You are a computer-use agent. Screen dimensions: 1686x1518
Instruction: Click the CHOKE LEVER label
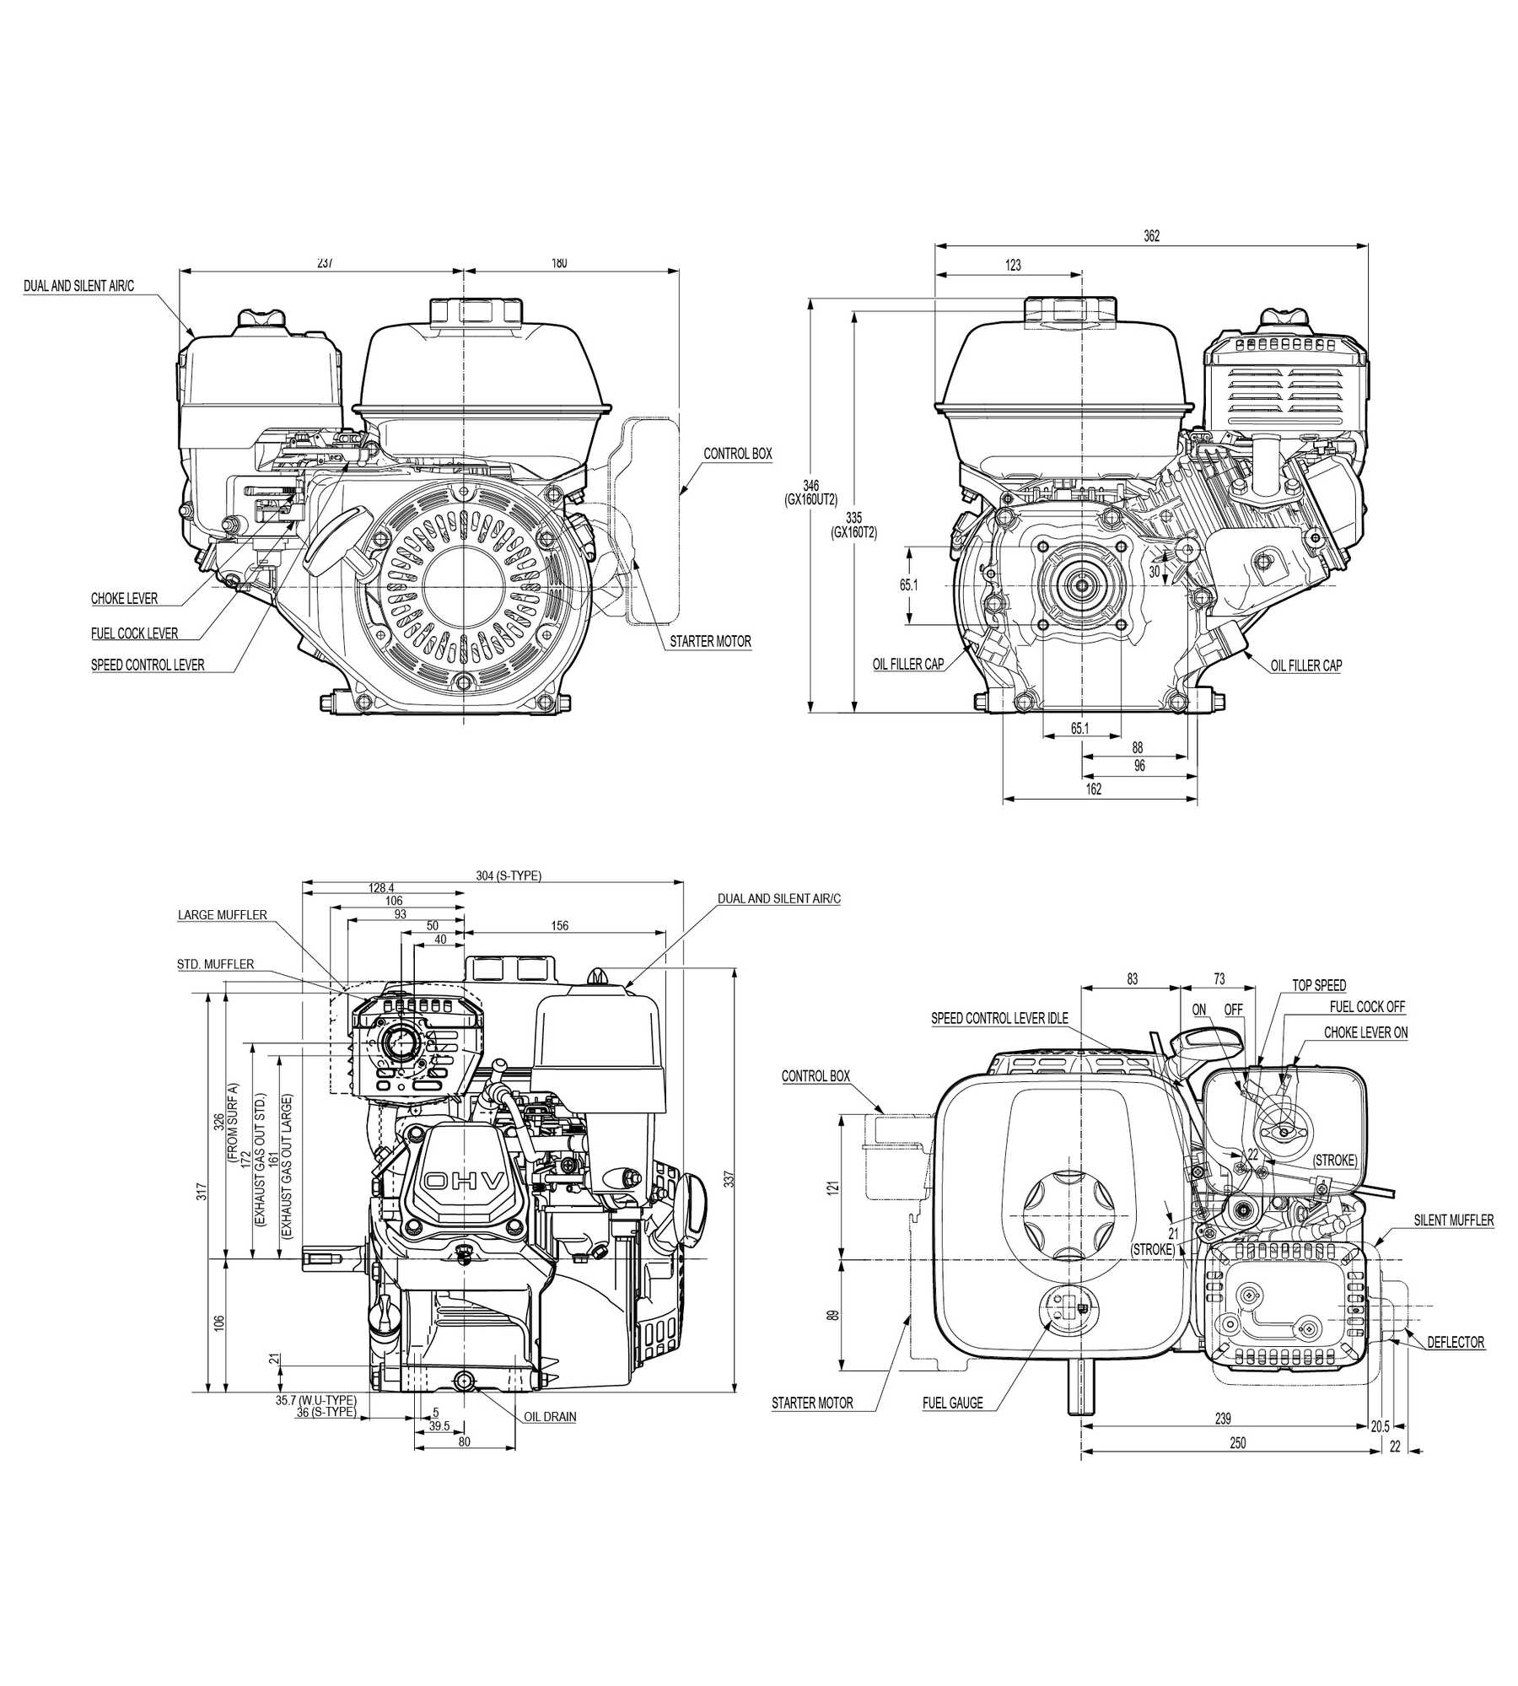(124, 599)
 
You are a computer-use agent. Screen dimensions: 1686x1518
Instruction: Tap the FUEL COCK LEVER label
(134, 633)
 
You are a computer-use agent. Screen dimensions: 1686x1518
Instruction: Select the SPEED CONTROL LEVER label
(148, 665)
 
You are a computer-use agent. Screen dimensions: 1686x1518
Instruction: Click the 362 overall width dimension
(1151, 236)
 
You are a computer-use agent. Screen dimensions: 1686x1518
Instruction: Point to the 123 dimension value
(1013, 265)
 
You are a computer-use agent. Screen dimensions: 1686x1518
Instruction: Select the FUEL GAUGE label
(952, 1403)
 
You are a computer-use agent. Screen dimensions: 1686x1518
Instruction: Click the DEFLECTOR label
(1456, 1342)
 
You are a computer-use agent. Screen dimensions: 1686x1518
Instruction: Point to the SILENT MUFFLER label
(1454, 1220)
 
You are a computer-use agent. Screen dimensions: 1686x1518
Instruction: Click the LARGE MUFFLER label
(222, 915)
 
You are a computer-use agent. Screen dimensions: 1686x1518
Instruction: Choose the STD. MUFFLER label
(215, 964)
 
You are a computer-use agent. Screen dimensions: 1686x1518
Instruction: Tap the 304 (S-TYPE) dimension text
(508, 875)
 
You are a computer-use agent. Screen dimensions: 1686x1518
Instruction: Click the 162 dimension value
(1093, 789)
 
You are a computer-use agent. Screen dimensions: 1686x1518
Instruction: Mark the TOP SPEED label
(1319, 985)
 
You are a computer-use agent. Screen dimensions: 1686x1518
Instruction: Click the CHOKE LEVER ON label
(1365, 1032)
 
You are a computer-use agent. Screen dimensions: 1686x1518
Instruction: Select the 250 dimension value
(1237, 1443)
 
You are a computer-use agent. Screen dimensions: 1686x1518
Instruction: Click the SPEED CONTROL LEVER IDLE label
(999, 1018)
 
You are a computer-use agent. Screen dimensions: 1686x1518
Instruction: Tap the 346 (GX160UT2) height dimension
(810, 492)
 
